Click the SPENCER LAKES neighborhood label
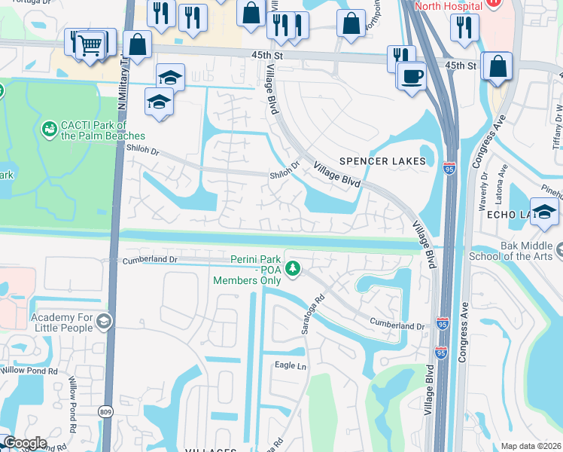382,161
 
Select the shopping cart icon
90,44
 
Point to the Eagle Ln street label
291,366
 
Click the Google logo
24,443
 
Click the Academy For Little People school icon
103,322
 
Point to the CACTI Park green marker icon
50,130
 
